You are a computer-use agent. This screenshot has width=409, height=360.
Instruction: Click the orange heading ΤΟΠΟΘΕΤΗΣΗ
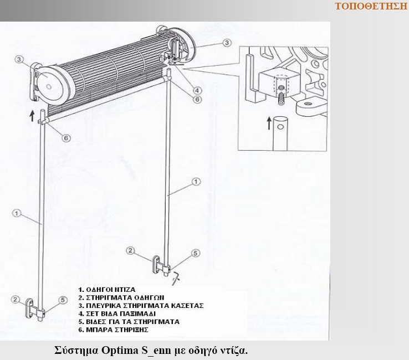pos(371,6)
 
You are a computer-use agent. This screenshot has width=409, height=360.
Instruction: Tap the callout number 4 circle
pos(197,90)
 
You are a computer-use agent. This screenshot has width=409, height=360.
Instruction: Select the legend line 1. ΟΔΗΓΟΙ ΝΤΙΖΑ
pos(107,290)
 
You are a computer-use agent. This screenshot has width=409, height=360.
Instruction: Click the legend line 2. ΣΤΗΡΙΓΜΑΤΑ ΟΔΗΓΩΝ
pos(121,298)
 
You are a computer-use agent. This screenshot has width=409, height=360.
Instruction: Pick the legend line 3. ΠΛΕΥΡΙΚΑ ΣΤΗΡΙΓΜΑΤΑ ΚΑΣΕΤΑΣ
pos(141,306)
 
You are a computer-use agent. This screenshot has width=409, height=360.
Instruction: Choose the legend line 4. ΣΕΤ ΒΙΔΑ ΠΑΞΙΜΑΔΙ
pos(117,313)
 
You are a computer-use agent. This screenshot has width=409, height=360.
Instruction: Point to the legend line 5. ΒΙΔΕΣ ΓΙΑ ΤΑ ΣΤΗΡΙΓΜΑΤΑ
pos(129,322)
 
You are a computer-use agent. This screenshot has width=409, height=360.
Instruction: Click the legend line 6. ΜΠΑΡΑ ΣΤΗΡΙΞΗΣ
pos(114,330)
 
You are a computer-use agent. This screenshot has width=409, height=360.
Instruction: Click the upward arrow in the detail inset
pos(269,123)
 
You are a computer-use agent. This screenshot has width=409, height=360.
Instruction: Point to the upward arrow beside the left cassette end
pos(32,116)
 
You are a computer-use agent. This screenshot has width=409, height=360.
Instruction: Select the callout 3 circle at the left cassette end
pos(19,59)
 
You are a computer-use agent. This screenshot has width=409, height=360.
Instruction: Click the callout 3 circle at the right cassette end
pos(227,43)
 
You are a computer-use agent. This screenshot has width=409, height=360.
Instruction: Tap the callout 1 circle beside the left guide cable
pos(17,213)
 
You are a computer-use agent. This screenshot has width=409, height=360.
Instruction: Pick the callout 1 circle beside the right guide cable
pos(196,182)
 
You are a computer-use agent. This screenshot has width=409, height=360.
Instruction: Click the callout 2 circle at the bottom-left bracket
pos(16,300)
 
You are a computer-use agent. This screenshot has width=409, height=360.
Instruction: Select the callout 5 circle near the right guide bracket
pos(196,253)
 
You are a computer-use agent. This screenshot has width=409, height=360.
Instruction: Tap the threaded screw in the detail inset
pos(280,96)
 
